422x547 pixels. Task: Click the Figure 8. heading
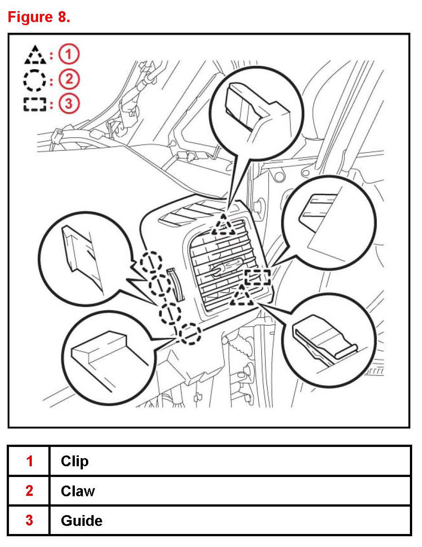pyautogui.click(x=39, y=17)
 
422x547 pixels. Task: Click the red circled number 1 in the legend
pyautogui.click(x=69, y=54)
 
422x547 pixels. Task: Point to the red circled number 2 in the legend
pyautogui.click(x=69, y=79)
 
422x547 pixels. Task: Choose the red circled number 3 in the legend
pyautogui.click(x=69, y=104)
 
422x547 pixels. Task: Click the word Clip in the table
pyautogui.click(x=75, y=462)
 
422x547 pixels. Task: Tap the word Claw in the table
pyautogui.click(x=78, y=491)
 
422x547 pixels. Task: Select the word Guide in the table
pyautogui.click(x=82, y=521)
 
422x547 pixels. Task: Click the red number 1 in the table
pyautogui.click(x=30, y=461)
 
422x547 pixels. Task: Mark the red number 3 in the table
pyautogui.click(x=30, y=521)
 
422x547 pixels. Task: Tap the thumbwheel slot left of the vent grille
pyautogui.click(x=175, y=284)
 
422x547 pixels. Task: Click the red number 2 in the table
pyautogui.click(x=30, y=490)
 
